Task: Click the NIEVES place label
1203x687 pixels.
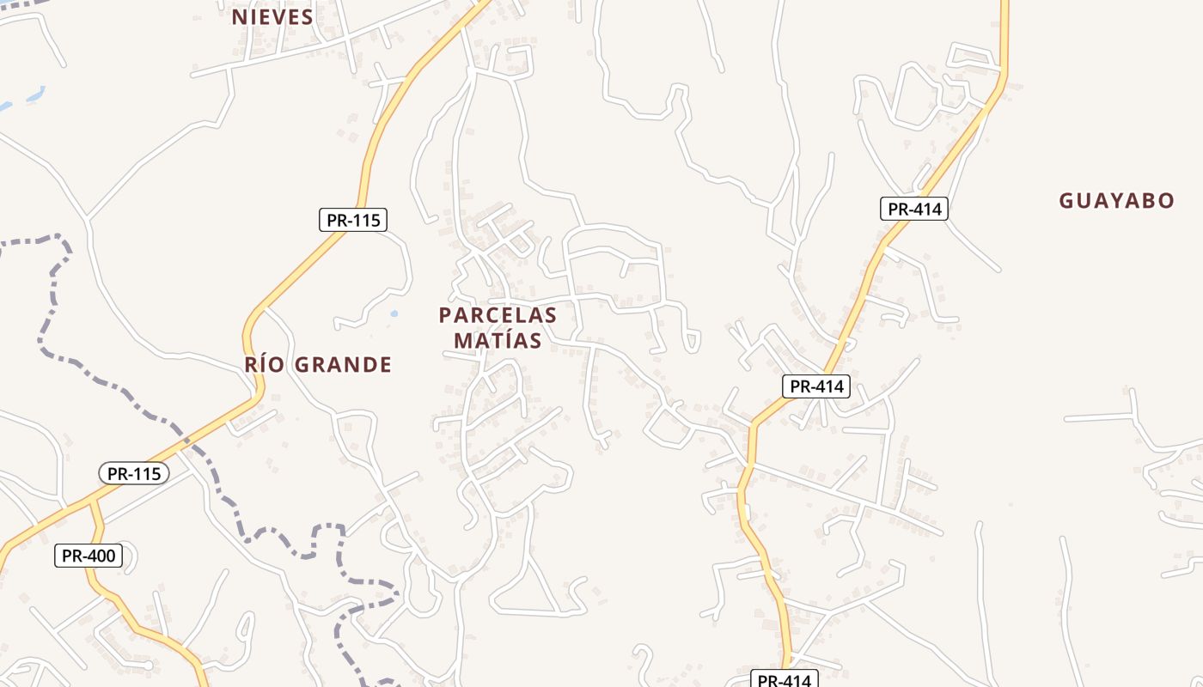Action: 272,17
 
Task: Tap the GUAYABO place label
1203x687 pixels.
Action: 1116,201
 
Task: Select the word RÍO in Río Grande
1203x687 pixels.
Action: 263,365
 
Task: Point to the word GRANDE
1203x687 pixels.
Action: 343,365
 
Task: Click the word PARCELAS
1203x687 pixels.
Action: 498,315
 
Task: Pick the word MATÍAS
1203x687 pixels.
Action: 498,341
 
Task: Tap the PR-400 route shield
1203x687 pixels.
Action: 89,556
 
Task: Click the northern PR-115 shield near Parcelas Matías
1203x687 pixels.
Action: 353,220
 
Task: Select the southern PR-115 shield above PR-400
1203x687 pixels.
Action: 134,473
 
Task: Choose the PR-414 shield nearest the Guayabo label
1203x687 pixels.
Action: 913,209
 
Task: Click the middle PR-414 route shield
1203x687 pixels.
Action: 815,386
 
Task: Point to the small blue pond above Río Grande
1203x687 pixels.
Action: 394,314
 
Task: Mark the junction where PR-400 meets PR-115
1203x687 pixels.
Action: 93,500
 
